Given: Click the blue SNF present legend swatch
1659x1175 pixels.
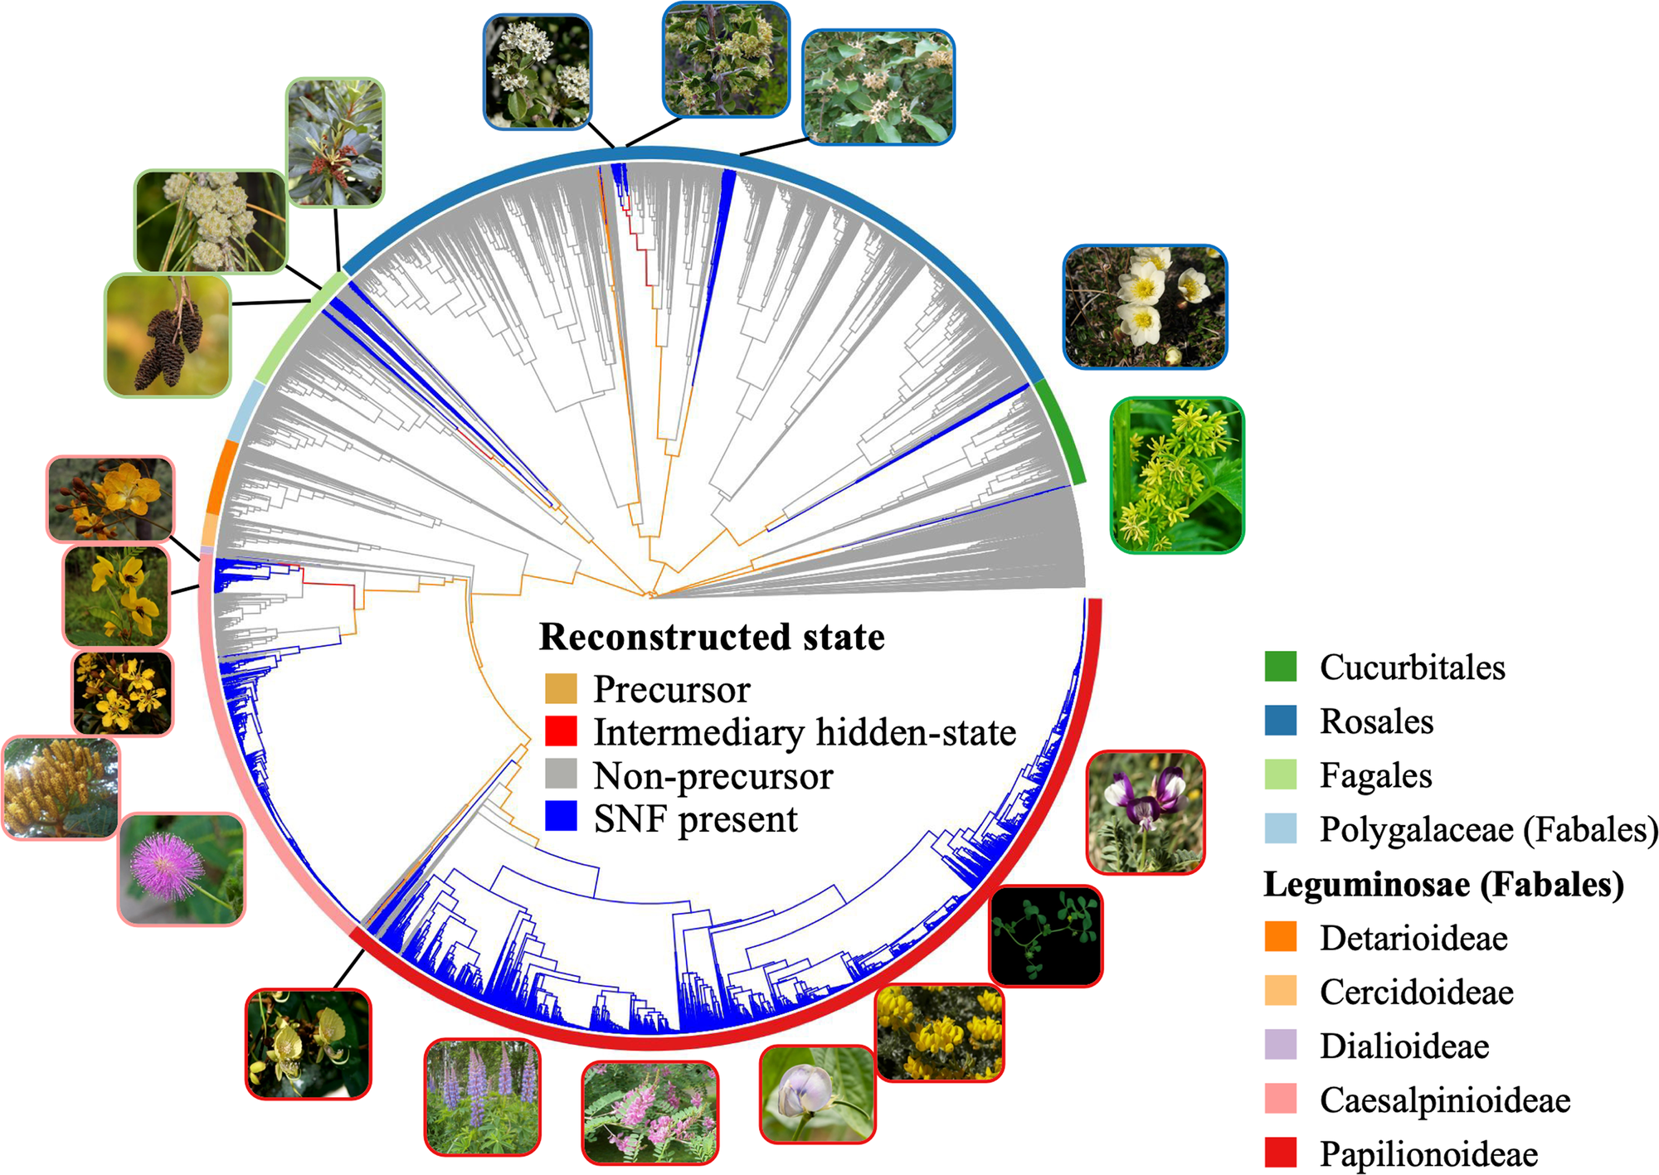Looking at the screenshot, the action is click(561, 817).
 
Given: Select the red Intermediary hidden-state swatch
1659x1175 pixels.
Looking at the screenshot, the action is click(561, 731).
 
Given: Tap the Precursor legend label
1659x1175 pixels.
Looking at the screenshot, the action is click(672, 689).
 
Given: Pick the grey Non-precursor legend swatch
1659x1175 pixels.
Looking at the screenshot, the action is click(561, 774).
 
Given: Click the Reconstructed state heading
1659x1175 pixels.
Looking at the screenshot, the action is click(713, 637).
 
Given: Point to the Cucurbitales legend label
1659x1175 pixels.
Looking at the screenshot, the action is click(1413, 667).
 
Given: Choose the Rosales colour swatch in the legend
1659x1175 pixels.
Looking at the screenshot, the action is click(1281, 721).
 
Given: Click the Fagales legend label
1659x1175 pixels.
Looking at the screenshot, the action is click(1376, 775).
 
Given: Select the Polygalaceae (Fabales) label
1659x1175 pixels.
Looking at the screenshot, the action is click(1489, 829).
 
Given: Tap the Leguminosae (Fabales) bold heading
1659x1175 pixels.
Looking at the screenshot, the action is click(1443, 884).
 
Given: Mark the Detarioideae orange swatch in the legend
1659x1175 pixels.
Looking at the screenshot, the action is click(1281, 937).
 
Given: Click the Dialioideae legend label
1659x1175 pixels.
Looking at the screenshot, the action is click(1404, 1046).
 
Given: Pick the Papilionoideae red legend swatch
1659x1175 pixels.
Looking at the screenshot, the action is click(1281, 1153).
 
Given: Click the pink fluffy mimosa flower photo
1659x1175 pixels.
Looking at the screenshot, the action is click(182, 869).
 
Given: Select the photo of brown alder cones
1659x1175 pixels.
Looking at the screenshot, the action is click(168, 335).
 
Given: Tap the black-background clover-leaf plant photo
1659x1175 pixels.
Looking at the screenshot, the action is click(1046, 936).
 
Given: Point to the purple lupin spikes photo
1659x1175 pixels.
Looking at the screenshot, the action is click(482, 1097).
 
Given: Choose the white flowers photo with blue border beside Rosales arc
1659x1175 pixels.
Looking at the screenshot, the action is click(1145, 307).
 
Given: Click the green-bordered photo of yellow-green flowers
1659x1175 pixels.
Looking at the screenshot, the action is click(1177, 475).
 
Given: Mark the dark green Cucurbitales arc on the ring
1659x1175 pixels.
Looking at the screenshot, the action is click(1064, 430).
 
